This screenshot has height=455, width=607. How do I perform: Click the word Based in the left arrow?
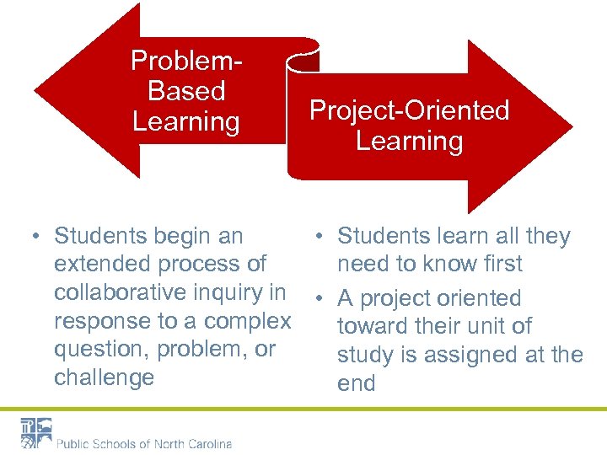[186, 91]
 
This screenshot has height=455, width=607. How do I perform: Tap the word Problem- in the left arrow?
[186, 61]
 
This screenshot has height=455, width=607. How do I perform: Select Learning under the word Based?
[186, 121]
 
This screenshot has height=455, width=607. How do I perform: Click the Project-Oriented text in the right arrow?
[409, 110]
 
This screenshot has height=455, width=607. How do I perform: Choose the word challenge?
[104, 377]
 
